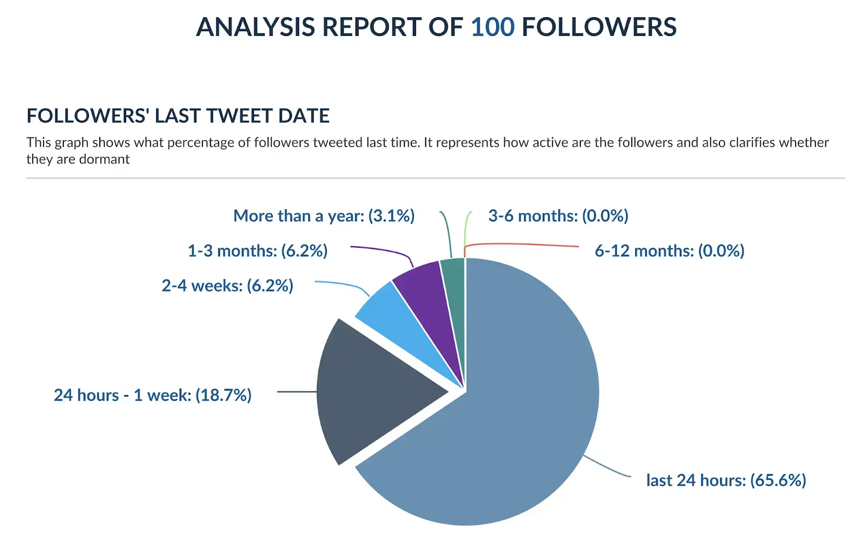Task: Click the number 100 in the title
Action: [x=492, y=27]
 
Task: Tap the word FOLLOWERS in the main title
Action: [x=599, y=27]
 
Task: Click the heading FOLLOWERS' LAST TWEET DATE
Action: [x=178, y=116]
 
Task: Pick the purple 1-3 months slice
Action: [x=429, y=301]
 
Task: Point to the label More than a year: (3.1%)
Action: [x=324, y=216]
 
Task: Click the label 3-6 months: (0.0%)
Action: [x=558, y=216]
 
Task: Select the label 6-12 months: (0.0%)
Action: [x=669, y=250]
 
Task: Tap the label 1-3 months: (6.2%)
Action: [x=257, y=250]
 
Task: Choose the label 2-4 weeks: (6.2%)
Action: [x=227, y=285]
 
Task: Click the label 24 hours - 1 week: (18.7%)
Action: [x=152, y=395]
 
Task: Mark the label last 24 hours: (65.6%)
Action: [x=726, y=480]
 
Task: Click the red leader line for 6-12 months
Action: [x=526, y=245]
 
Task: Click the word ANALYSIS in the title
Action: [x=256, y=27]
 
